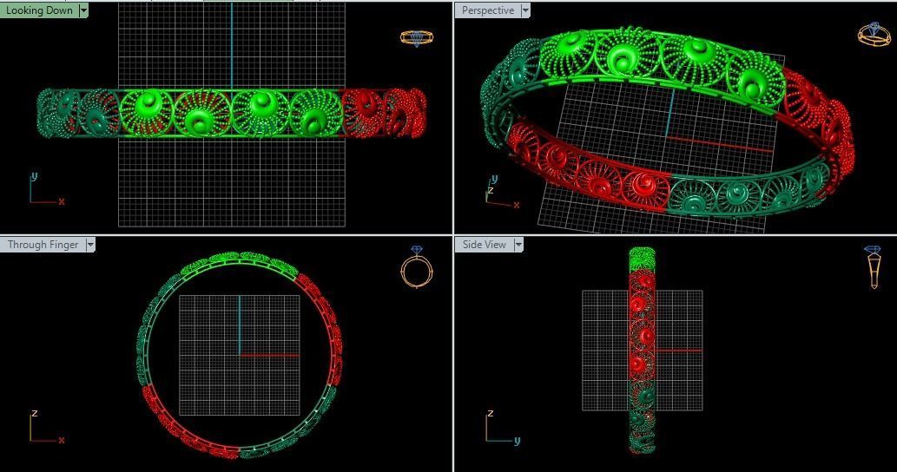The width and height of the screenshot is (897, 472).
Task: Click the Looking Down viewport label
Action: pyautogui.click(x=39, y=10)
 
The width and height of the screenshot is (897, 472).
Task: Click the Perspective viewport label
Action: pyautogui.click(x=487, y=10)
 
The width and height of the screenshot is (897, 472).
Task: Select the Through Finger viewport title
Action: pyautogui.click(x=43, y=245)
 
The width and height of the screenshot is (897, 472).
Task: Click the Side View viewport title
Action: pyautogui.click(x=484, y=245)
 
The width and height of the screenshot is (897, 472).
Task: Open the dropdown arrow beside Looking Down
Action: pyautogui.click(x=83, y=10)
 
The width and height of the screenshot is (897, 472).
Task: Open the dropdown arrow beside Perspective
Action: pyautogui.click(x=524, y=10)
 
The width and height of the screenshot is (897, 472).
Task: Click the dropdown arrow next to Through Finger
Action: pyautogui.click(x=89, y=245)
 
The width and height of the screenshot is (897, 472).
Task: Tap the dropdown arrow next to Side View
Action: pyautogui.click(x=518, y=245)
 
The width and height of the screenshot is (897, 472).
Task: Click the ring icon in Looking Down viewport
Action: pyautogui.click(x=417, y=37)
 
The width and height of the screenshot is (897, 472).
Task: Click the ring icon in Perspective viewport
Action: pyautogui.click(x=873, y=34)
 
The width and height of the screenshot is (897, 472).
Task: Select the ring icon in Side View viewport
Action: pyautogui.click(x=873, y=267)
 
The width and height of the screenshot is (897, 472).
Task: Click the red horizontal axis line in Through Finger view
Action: pyautogui.click(x=269, y=355)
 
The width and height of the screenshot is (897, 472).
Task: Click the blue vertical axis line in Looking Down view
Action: pyautogui.click(x=232, y=43)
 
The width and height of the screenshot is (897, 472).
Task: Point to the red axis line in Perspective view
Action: pyautogui.click(x=721, y=144)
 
